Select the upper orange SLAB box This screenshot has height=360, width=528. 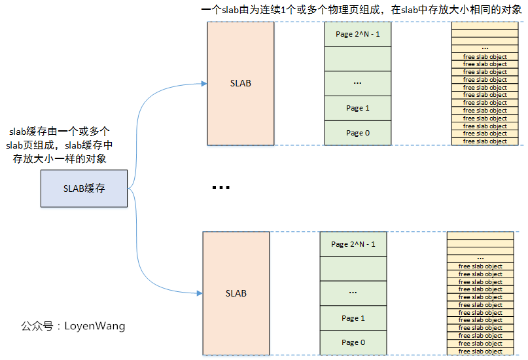pyautogui.click(x=240, y=83)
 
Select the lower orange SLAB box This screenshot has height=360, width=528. pyautogui.click(x=236, y=293)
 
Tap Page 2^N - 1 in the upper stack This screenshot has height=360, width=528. pyautogui.click(x=358, y=34)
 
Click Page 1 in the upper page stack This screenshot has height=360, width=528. pyautogui.click(x=358, y=108)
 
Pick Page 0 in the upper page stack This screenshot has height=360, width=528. pyautogui.click(x=358, y=133)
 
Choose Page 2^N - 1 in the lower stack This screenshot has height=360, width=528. pyautogui.click(x=353, y=244)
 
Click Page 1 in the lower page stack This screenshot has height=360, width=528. pyautogui.click(x=353, y=318)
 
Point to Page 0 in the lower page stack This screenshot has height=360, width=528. pyautogui.click(x=353, y=342)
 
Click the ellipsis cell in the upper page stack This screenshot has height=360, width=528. pyautogui.click(x=358, y=83)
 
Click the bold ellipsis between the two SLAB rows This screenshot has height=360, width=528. pyautogui.click(x=221, y=188)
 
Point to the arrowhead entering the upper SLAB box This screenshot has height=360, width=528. pyautogui.click(x=204, y=84)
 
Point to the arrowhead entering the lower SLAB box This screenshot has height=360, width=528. pyautogui.click(x=200, y=293)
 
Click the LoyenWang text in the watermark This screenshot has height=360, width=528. pyautogui.click(x=94, y=325)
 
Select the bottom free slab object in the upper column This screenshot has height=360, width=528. pyautogui.click(x=485, y=141)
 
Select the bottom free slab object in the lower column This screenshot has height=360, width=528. pyautogui.click(x=480, y=351)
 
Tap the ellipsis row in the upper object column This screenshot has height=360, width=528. pyautogui.click(x=485, y=48)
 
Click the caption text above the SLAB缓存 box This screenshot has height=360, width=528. pyautogui.click(x=60, y=145)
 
